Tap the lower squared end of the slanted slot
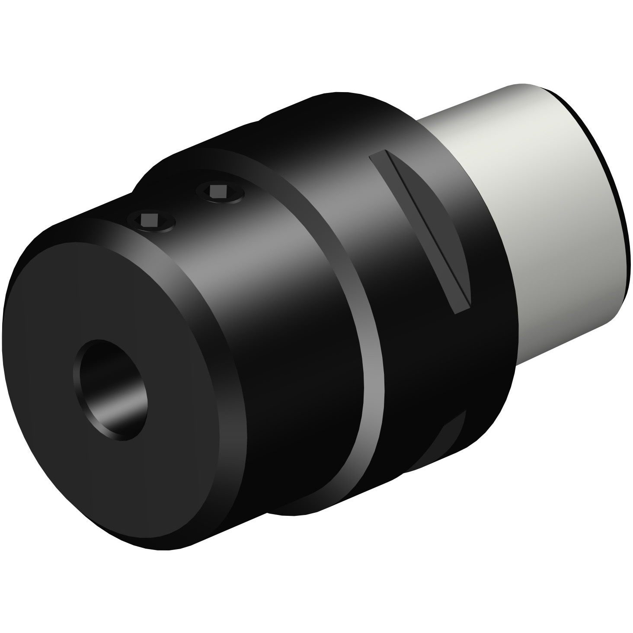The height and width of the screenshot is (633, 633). pos(460,307)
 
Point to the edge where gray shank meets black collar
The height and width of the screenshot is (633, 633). pos(510,259)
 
